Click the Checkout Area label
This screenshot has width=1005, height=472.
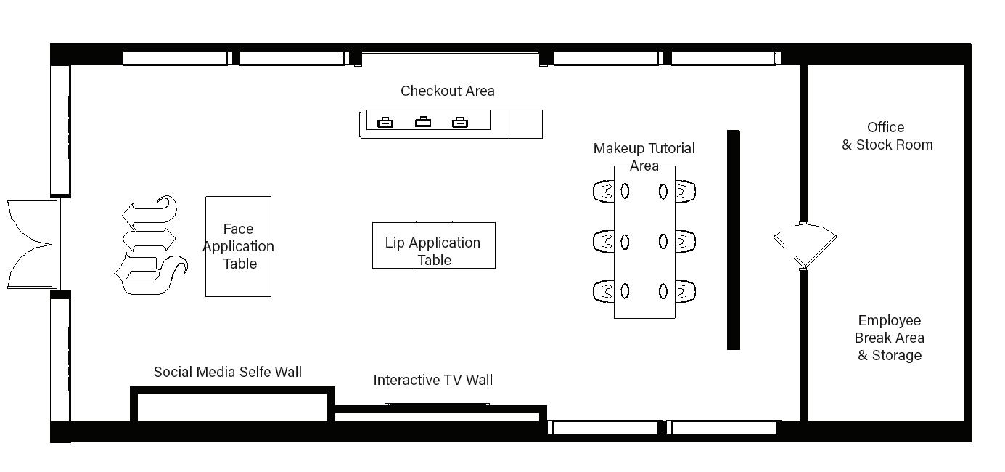(x=447, y=91)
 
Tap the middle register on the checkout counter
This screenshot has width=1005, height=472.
(x=422, y=122)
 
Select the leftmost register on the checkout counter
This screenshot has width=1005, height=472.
(x=385, y=122)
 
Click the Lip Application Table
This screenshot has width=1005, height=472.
(x=433, y=245)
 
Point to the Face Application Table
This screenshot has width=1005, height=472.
(x=238, y=246)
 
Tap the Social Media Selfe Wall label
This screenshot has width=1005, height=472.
(x=227, y=372)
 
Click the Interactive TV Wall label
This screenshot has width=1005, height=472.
(x=432, y=380)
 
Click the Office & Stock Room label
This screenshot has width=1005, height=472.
(x=887, y=136)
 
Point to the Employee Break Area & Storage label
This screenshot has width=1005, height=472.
(x=889, y=338)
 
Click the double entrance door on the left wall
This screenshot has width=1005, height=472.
(x=29, y=245)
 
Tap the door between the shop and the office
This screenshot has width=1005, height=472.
(x=805, y=245)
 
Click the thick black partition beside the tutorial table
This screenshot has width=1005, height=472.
(x=734, y=240)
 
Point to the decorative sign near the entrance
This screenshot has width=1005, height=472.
(x=150, y=245)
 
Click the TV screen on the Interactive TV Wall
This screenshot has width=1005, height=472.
(x=437, y=404)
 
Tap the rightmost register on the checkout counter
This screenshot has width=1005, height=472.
(x=459, y=122)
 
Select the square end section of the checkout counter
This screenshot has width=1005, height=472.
(x=524, y=123)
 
